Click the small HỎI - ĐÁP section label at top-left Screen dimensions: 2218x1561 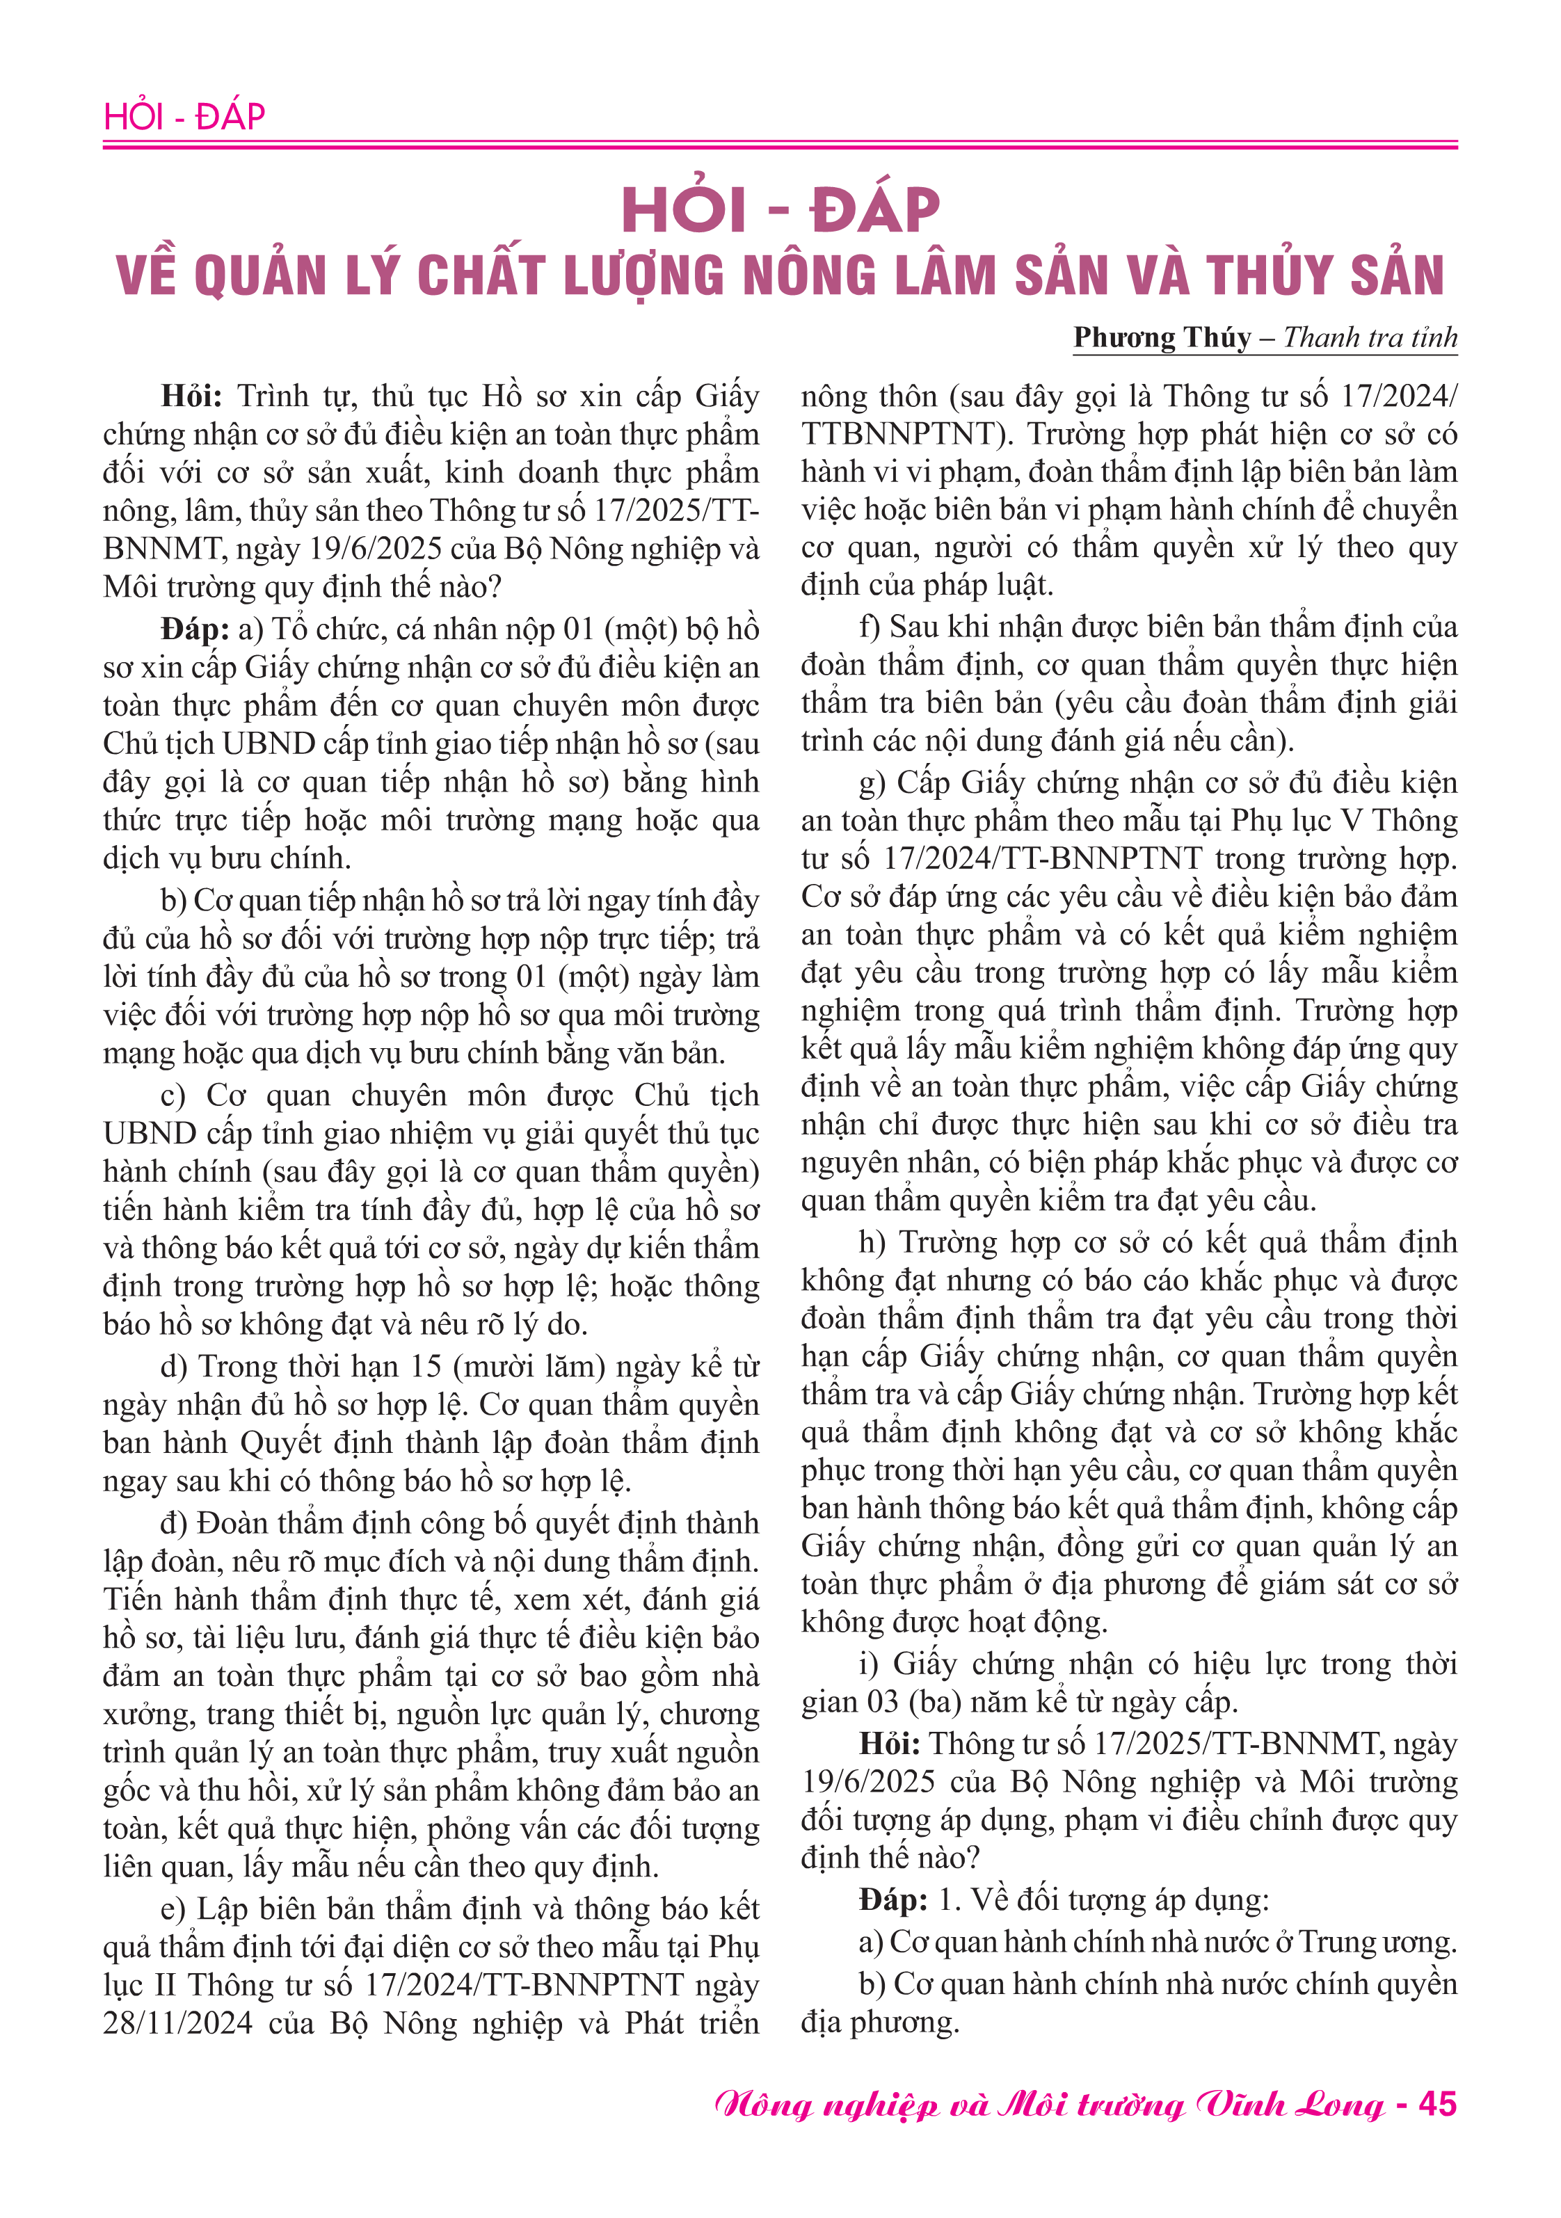pos(184,117)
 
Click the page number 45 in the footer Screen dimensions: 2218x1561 pos(1437,2104)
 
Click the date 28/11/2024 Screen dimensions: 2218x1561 pos(178,2023)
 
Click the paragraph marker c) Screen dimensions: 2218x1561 pos(173,1095)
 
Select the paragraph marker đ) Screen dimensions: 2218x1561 pos(174,1523)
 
